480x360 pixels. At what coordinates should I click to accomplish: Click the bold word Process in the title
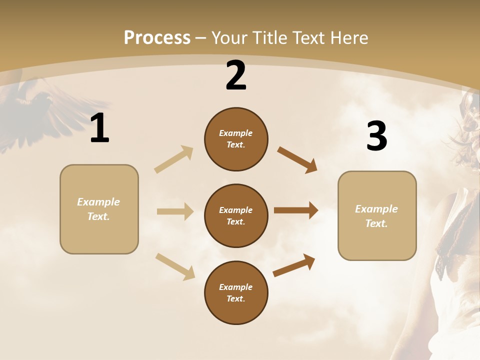[x=157, y=38]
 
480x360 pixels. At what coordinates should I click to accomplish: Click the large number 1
[x=99, y=128]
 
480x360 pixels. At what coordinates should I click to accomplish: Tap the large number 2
[x=236, y=75]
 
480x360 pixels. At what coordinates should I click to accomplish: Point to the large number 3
[x=376, y=136]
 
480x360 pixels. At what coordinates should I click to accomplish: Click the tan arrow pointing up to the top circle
[x=173, y=159]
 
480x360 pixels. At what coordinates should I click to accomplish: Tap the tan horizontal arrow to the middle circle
[x=175, y=211]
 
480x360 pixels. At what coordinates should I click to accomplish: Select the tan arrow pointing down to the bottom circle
[x=175, y=266]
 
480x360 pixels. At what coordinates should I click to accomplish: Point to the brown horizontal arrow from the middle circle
[x=295, y=210]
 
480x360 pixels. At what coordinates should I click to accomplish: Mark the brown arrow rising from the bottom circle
[x=294, y=265]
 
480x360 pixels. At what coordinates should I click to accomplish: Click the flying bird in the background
[x=35, y=107]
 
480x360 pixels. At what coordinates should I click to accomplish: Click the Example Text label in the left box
[x=98, y=209]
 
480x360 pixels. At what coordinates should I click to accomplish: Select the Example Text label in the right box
[x=376, y=216]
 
